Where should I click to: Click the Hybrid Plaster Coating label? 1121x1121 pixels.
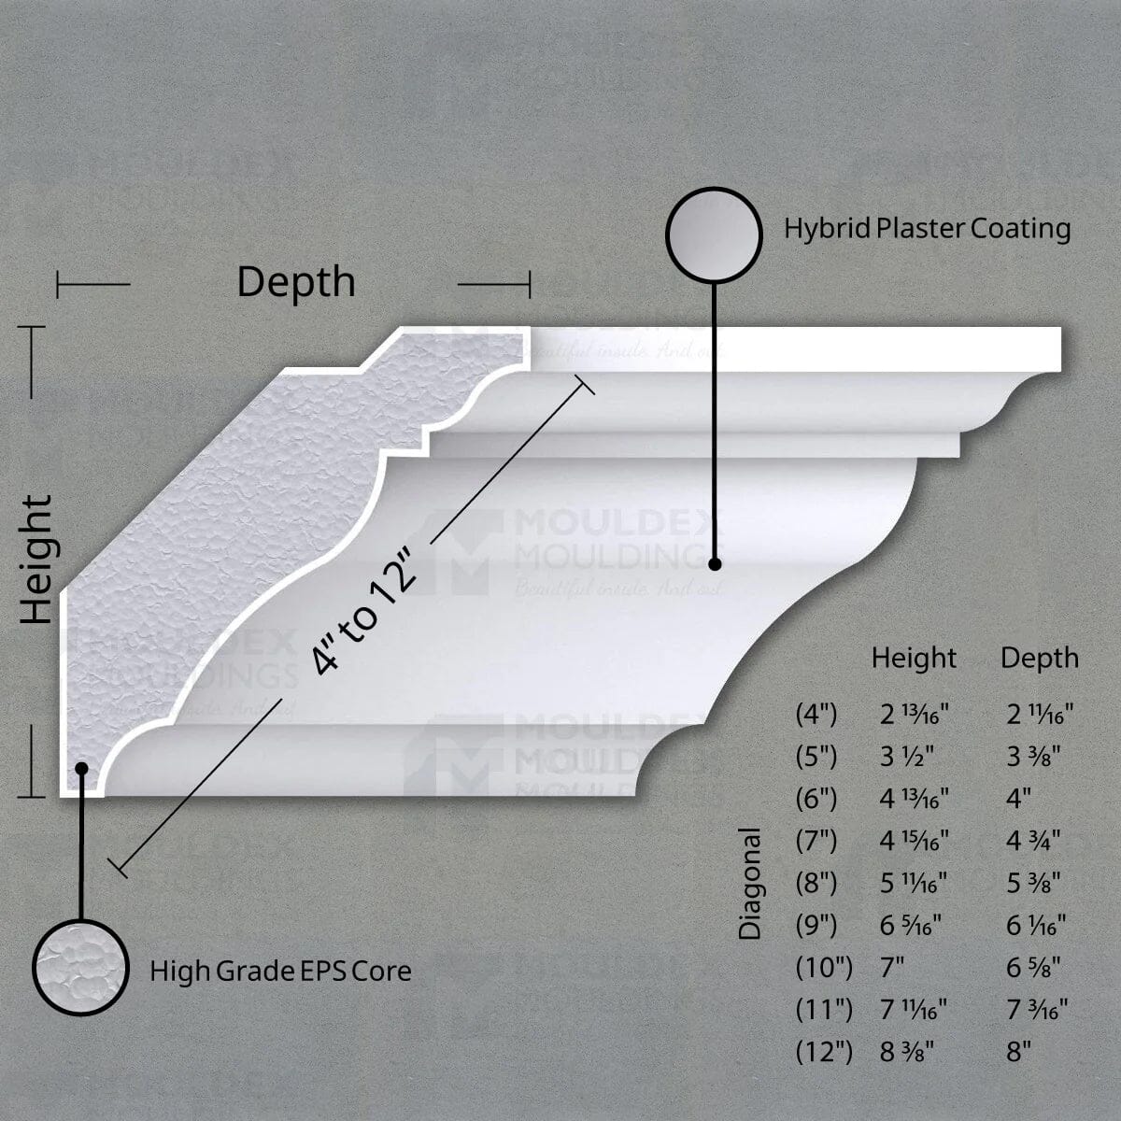pyautogui.click(x=927, y=229)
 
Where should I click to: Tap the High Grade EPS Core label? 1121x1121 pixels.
pyautogui.click(x=280, y=972)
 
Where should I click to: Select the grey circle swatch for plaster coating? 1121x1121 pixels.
pyautogui.click(x=715, y=234)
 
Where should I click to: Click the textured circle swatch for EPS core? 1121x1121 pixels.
pyautogui.click(x=79, y=966)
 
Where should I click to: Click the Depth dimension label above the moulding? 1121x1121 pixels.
pyautogui.click(x=296, y=282)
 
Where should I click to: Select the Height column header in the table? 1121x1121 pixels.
pyautogui.click(x=914, y=659)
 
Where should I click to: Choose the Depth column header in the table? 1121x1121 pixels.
pyautogui.click(x=1039, y=659)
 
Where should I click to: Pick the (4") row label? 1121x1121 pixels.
pyautogui.click(x=816, y=716)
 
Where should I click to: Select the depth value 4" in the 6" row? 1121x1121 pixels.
pyautogui.click(x=1018, y=799)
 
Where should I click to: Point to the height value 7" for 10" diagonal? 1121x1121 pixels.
pyautogui.click(x=893, y=967)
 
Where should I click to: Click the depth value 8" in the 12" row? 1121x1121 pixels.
pyautogui.click(x=1018, y=1052)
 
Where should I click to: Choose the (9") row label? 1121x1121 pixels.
pyautogui.click(x=816, y=925)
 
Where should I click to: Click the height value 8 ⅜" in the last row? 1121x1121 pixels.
pyautogui.click(x=908, y=1052)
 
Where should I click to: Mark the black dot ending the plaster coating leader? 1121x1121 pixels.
pyautogui.click(x=715, y=564)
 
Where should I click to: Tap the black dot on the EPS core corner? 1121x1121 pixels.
pyautogui.click(x=81, y=768)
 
